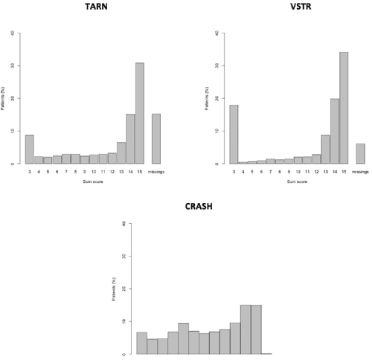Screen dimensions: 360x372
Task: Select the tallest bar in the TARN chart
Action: (139, 113)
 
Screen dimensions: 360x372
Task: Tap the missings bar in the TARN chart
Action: (156, 138)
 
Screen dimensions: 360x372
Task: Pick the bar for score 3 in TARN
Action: (30, 149)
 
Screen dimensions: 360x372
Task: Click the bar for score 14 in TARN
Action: (130, 138)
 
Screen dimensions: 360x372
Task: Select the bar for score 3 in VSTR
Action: (214, 134)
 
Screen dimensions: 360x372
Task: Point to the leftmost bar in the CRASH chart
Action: (141, 343)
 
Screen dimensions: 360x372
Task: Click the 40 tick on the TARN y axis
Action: (11, 33)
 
